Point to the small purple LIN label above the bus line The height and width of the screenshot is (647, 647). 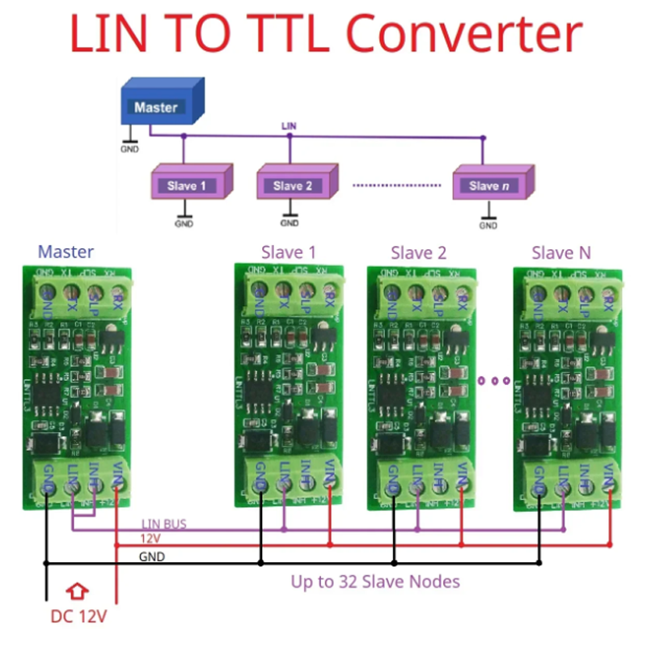[x=289, y=126]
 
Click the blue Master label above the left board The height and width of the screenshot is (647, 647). [x=66, y=252]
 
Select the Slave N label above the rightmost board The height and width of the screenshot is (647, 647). [x=561, y=253]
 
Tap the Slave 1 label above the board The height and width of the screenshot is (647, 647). [x=289, y=253]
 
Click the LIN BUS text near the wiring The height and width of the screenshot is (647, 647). [x=164, y=524]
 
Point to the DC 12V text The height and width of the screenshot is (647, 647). [x=78, y=617]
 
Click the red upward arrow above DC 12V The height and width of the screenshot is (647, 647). [x=78, y=592]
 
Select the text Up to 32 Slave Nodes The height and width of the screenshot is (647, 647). [x=375, y=581]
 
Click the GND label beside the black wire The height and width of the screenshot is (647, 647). [x=152, y=557]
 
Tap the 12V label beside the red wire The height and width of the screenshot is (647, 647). [x=150, y=539]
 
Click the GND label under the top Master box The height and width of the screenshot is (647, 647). [x=129, y=149]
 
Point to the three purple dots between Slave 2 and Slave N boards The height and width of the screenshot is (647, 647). [x=494, y=380]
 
